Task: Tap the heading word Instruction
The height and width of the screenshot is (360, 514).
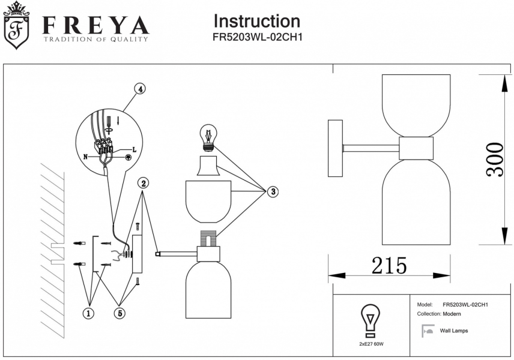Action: [256, 21]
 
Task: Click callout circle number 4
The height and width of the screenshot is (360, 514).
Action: [139, 89]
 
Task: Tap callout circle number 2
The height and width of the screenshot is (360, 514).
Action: [143, 182]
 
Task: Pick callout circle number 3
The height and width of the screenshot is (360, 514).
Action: [273, 191]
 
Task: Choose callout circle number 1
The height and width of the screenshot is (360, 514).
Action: [89, 313]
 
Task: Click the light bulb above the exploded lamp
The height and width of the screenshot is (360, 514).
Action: [208, 137]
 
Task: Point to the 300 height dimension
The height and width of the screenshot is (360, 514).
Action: [495, 159]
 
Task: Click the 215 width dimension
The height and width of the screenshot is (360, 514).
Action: [389, 265]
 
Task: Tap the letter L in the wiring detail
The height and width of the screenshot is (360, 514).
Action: [134, 149]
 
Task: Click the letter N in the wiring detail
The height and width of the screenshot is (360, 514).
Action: [85, 157]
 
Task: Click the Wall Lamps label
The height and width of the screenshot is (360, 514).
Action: [454, 331]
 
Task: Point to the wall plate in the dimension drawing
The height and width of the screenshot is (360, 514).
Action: [334, 148]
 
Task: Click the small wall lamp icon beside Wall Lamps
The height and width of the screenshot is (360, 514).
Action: [428, 330]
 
